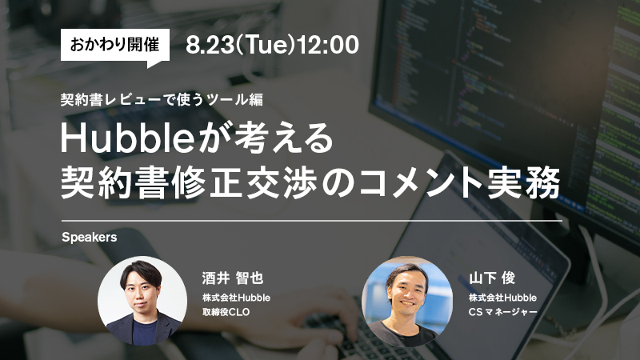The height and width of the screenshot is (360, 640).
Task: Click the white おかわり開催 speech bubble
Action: pos(115,45)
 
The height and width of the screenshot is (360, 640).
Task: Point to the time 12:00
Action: pos(328,45)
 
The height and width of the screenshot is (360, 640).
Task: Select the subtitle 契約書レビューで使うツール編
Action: pos(162,99)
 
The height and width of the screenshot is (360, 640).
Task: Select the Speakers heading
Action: pos(90,237)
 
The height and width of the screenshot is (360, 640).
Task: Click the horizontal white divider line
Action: pos(312,221)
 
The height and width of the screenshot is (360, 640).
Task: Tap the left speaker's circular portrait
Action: pos(142,301)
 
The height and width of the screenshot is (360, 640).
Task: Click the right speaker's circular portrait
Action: pos(407,302)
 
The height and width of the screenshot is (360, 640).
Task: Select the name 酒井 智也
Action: pos(233,278)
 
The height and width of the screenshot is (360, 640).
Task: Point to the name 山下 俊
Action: pos(492,278)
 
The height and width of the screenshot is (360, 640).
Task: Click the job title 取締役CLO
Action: pos(226,312)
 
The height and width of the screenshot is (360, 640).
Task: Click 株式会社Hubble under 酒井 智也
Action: pos(236,298)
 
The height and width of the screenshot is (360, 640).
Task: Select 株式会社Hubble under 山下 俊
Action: pos(503,298)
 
